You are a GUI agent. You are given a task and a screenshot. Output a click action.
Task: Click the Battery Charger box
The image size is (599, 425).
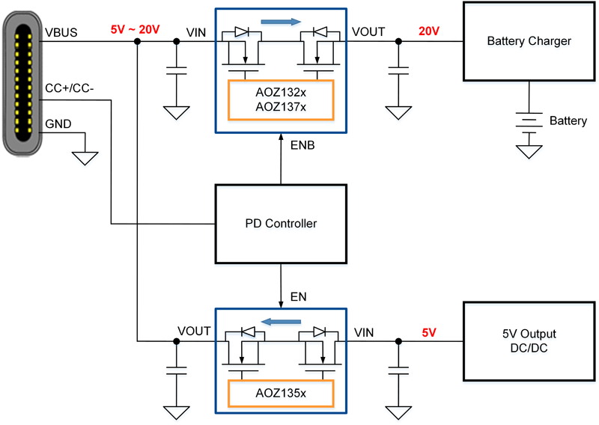[x=529, y=41]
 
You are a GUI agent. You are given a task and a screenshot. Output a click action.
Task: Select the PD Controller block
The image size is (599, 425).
[x=281, y=223]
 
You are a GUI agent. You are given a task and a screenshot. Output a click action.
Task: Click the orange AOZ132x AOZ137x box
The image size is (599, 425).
[x=280, y=100]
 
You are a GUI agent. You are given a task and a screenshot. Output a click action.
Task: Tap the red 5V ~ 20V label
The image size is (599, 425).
[x=136, y=29]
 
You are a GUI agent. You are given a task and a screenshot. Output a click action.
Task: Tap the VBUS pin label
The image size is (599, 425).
[x=61, y=33]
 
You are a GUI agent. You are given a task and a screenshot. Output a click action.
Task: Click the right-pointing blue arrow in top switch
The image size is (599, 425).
[x=282, y=22]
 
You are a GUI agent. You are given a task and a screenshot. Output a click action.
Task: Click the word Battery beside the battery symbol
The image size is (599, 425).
[x=568, y=120]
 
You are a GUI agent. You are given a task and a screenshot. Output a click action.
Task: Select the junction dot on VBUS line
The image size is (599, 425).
[x=137, y=42]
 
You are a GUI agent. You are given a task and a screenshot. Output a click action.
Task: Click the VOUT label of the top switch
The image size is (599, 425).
[x=368, y=32]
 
